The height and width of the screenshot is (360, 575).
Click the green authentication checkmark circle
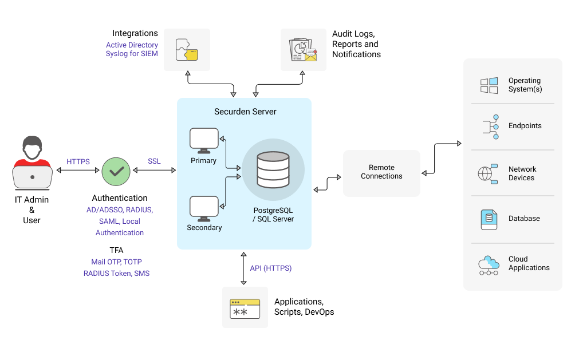click(x=116, y=171)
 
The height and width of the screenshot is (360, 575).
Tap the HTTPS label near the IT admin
click(x=78, y=162)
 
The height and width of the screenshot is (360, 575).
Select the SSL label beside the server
click(x=154, y=161)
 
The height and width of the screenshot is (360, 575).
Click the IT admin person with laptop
click(x=32, y=163)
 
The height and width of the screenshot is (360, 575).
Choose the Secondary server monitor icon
click(x=204, y=208)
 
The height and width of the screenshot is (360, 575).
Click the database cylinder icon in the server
click(x=273, y=169)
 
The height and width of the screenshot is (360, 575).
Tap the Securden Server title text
click(x=245, y=112)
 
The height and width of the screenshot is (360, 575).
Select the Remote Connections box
click(x=381, y=172)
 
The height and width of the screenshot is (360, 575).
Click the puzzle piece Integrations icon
click(x=187, y=50)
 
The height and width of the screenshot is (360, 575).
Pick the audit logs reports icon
click(x=303, y=50)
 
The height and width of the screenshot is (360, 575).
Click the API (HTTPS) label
click(x=270, y=268)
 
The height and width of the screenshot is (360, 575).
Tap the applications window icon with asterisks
click(x=245, y=308)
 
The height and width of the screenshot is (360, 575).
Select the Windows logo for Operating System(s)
click(x=489, y=85)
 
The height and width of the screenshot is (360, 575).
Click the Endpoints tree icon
click(x=489, y=126)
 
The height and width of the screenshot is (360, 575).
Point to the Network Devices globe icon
click(x=488, y=173)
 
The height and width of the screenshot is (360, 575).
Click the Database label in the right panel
click(x=524, y=219)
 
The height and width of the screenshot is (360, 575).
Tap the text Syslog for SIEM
click(x=132, y=54)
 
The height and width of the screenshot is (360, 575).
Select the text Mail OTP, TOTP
click(x=116, y=262)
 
